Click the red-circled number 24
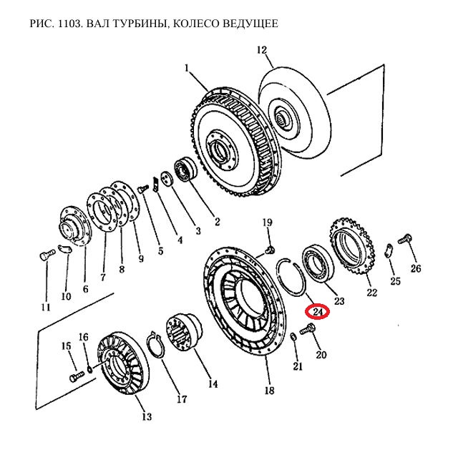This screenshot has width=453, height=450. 316,313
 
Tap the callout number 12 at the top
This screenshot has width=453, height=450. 261,50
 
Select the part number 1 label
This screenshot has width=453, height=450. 187,69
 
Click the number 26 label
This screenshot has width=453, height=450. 415,269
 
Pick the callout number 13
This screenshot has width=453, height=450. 146,417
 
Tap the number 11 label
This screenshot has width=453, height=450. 46,308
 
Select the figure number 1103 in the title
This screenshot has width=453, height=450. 69,24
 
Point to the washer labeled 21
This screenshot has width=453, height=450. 295,337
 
